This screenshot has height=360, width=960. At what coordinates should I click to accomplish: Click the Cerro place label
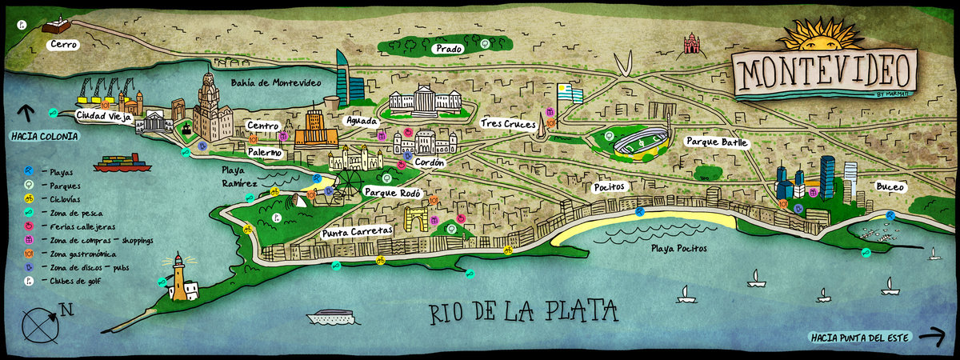click(x=62, y=45)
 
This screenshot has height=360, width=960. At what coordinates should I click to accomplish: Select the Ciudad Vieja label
click(x=102, y=115)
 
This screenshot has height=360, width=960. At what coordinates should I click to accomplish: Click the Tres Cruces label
click(x=509, y=123)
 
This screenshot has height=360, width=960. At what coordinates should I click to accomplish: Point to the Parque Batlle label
click(x=717, y=142)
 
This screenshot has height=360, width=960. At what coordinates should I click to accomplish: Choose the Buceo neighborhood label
click(x=890, y=186)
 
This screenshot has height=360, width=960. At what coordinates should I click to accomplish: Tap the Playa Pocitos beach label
click(x=678, y=248)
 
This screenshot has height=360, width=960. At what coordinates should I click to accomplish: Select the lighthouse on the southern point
click(x=178, y=278)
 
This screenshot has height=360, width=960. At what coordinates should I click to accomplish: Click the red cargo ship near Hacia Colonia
click(x=122, y=163)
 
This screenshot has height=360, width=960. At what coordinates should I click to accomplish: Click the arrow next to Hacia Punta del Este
click(x=930, y=337)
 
